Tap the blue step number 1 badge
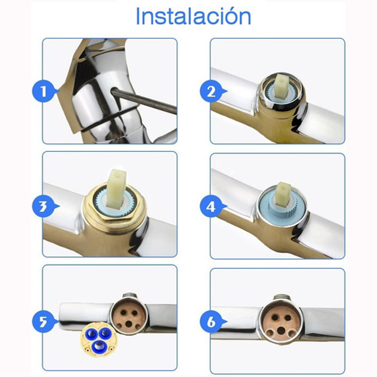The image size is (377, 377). tap(43, 91)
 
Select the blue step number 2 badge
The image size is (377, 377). tap(211, 91)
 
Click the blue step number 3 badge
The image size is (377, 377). tap(43, 207)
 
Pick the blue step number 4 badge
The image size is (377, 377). tap(211, 207)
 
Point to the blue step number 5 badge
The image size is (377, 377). tap(43, 322)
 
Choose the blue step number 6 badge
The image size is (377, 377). tap(211, 322)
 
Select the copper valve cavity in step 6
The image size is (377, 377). tap(281, 323)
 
